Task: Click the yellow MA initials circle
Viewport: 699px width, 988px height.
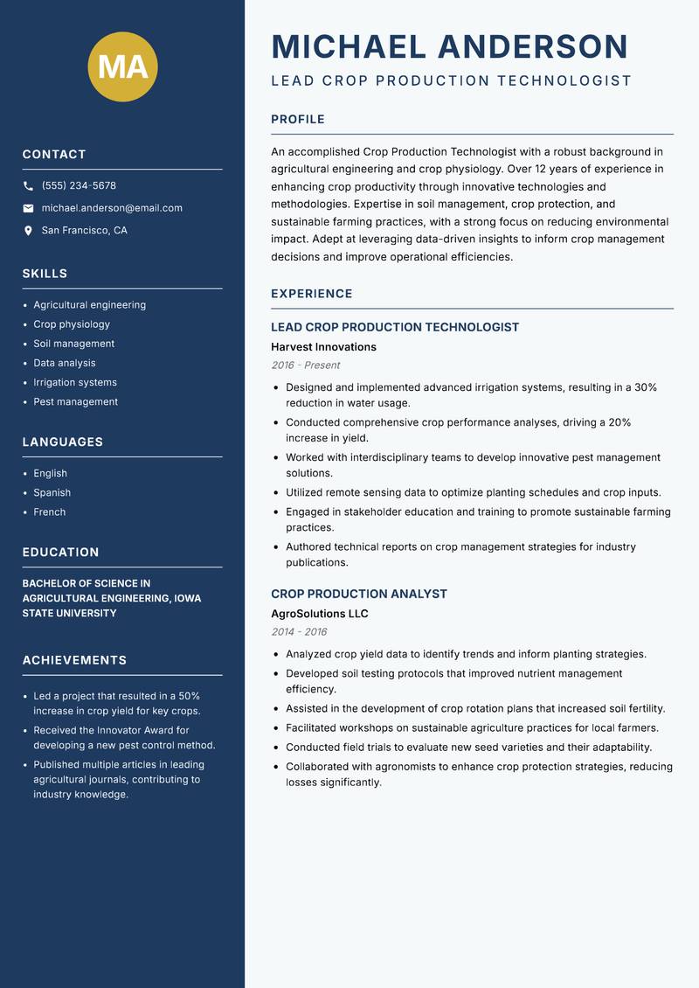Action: coord(123,66)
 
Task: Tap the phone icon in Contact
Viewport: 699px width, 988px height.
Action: coord(29,186)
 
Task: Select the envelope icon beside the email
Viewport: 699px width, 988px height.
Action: coord(29,208)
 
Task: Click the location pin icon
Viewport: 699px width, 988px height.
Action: coord(29,231)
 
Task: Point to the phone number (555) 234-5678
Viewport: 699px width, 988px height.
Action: coord(79,186)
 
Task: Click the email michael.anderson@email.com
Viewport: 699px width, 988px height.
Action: coord(112,208)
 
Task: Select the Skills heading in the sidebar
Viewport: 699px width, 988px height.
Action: coord(45,274)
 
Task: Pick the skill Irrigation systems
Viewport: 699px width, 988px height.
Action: coord(75,382)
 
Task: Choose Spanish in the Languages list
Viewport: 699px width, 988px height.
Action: coord(52,492)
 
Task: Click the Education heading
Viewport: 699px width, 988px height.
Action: coord(60,553)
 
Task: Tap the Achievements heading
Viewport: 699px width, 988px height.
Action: coord(74,660)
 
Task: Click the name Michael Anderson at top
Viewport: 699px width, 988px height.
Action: coord(450,46)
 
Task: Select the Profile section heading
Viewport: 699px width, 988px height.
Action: coord(298,120)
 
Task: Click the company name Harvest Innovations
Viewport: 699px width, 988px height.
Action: coord(323,347)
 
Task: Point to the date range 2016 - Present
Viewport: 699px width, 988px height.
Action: coord(305,365)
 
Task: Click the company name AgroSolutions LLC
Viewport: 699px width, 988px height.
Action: coord(320,614)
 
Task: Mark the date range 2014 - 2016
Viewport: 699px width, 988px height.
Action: coord(299,632)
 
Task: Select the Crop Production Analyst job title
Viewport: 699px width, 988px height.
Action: coord(359,594)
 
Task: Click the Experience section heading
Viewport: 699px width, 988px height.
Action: coord(312,294)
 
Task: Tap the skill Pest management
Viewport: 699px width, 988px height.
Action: coord(76,401)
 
